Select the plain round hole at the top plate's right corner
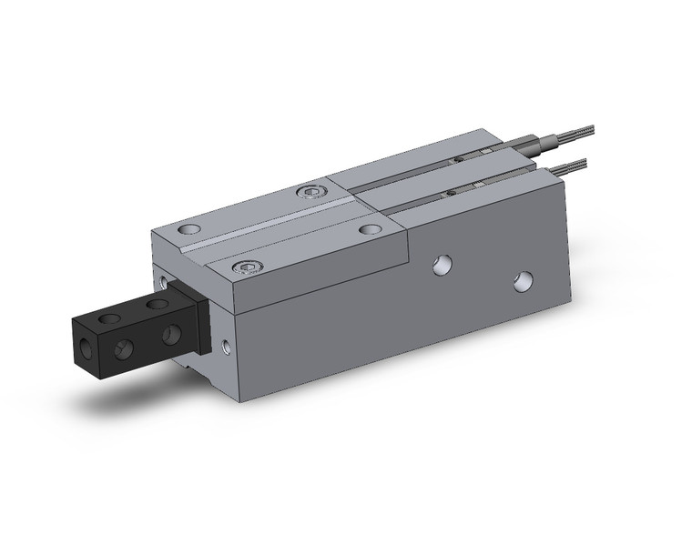point(369,229)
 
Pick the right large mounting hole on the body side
point(522,281)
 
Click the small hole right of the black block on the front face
point(226,345)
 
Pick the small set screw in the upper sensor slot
point(459,159)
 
